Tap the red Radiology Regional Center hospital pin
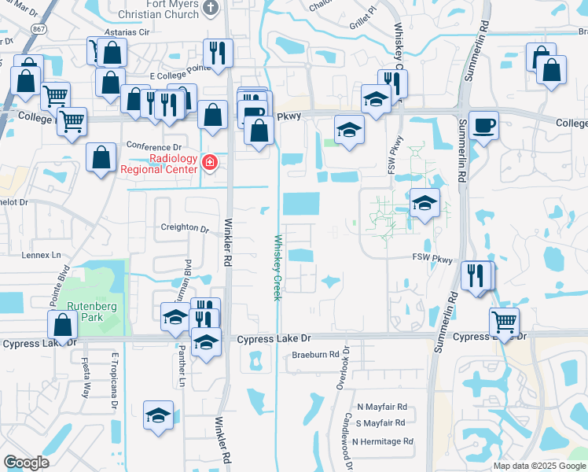[210, 163]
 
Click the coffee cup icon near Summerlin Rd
[483, 125]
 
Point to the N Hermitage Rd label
[383, 442]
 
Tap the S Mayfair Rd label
[380, 424]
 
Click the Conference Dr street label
[154, 147]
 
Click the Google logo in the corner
[26, 463]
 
